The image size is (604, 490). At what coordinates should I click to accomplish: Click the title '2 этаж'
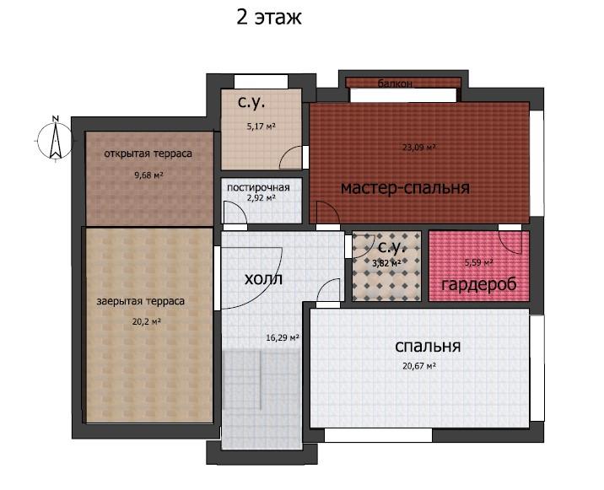tap(269, 18)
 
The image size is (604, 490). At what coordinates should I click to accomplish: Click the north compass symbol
tap(56, 139)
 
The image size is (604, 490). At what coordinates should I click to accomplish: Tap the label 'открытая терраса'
tap(148, 153)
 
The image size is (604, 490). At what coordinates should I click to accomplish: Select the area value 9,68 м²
tap(148, 175)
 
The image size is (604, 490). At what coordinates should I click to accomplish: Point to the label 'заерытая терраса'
tap(141, 301)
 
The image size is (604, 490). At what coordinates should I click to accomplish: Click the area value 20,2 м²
tap(147, 321)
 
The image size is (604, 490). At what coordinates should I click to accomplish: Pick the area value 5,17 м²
tap(262, 126)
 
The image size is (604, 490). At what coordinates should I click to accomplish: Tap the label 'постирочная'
tap(258, 187)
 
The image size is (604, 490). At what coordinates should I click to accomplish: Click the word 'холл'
tap(263, 279)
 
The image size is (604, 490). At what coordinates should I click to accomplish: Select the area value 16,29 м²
tap(283, 338)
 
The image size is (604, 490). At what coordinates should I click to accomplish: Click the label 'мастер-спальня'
tap(405, 188)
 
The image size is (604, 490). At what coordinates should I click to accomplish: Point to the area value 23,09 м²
tap(419, 147)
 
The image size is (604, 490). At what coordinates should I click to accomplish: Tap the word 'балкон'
tap(396, 83)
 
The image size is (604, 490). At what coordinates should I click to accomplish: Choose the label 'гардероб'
tap(479, 285)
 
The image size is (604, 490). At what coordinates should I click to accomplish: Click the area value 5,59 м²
tap(479, 263)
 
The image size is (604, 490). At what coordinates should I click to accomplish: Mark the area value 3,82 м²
tap(386, 263)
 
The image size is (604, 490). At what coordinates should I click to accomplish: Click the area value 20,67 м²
tap(419, 365)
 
